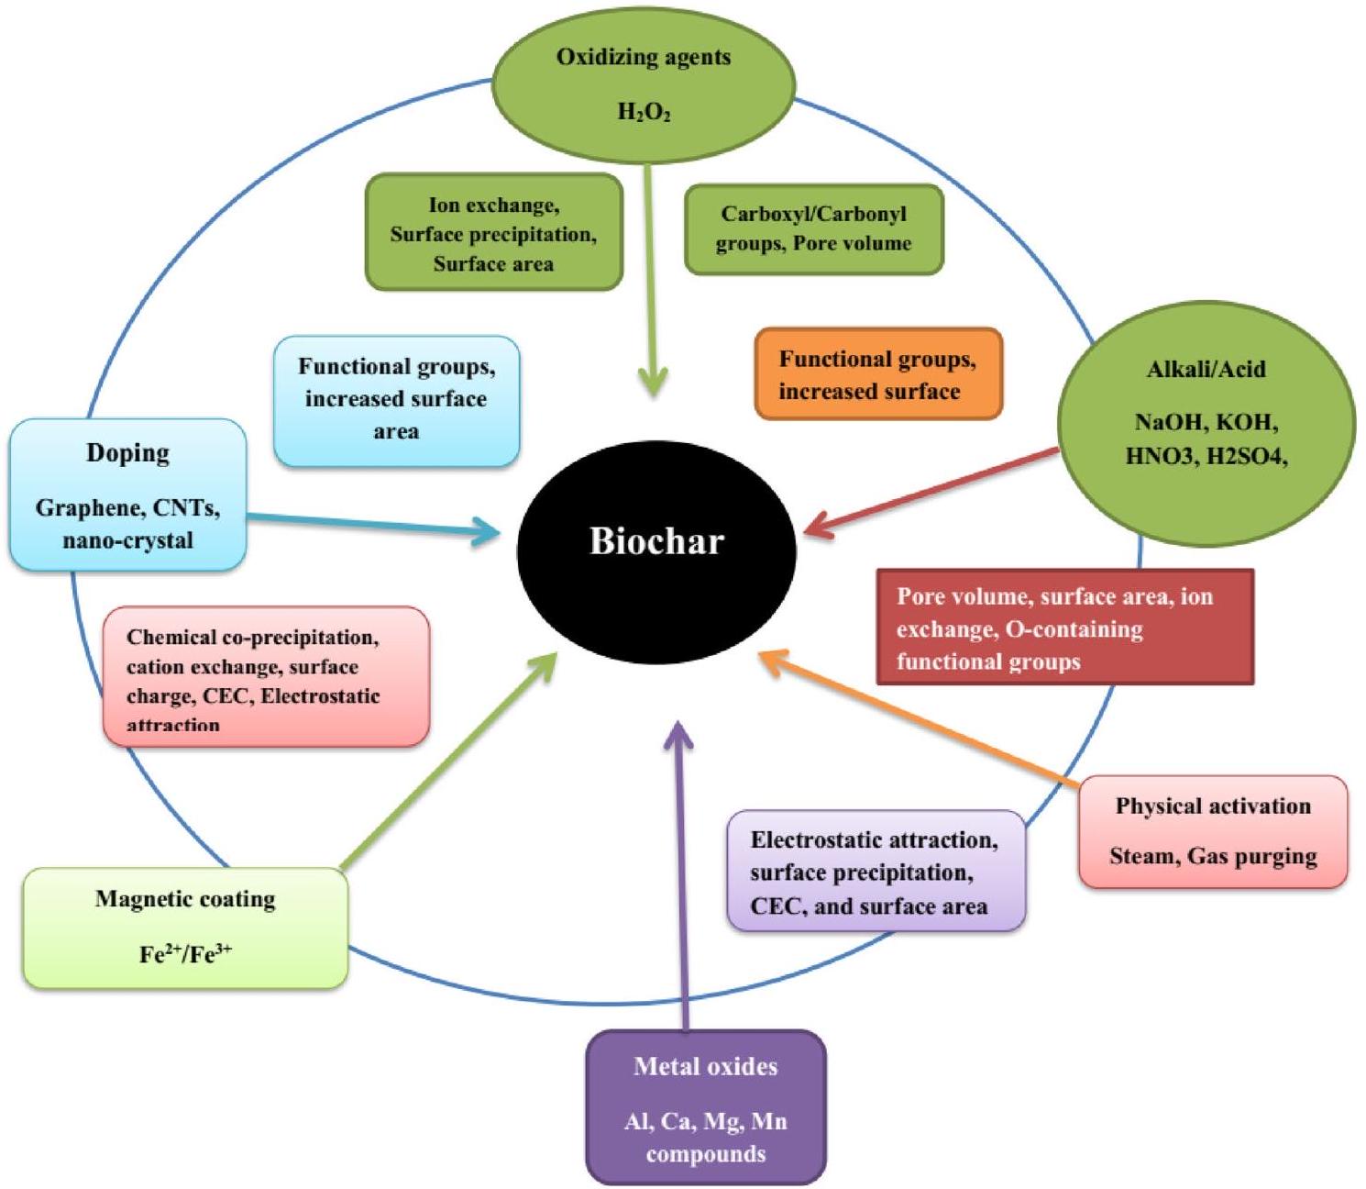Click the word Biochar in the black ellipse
(x=656, y=541)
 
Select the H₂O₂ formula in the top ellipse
(x=644, y=113)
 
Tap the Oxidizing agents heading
(x=644, y=57)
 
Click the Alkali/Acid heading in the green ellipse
(x=1206, y=370)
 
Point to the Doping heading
(x=127, y=453)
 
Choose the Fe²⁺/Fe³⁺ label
(x=185, y=954)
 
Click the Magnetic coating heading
(x=185, y=899)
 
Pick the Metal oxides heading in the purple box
(x=705, y=1066)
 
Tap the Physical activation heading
(x=1213, y=806)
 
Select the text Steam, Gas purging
(x=1213, y=857)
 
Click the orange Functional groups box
(x=878, y=374)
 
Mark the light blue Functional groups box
(x=396, y=400)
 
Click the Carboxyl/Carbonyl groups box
(x=814, y=229)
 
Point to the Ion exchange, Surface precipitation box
(x=493, y=234)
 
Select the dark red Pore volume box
(x=1064, y=628)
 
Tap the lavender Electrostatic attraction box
(x=875, y=872)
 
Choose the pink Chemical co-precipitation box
(x=266, y=677)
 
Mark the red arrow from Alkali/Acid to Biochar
(x=935, y=492)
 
